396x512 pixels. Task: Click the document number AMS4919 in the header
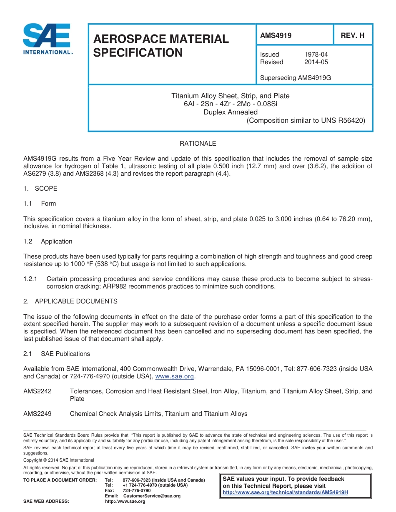[x=276, y=35]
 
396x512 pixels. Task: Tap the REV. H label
[x=352, y=35]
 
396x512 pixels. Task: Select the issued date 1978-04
[x=316, y=55]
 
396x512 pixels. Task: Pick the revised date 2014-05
[x=316, y=62]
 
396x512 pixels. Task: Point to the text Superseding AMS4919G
[x=295, y=78]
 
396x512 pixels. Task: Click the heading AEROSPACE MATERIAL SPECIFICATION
[x=161, y=46]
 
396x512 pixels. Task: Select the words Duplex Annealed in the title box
[x=230, y=112]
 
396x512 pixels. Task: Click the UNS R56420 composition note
[x=306, y=120]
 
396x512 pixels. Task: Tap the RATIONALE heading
[x=198, y=144]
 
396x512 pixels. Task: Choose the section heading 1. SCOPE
[x=40, y=189]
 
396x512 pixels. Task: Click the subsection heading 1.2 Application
[x=48, y=241]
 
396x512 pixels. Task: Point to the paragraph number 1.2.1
[x=30, y=279]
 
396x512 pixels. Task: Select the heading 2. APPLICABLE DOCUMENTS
[x=70, y=301]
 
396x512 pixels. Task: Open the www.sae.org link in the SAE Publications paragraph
[x=174, y=377]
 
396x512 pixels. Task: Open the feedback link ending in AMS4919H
[x=285, y=492]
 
